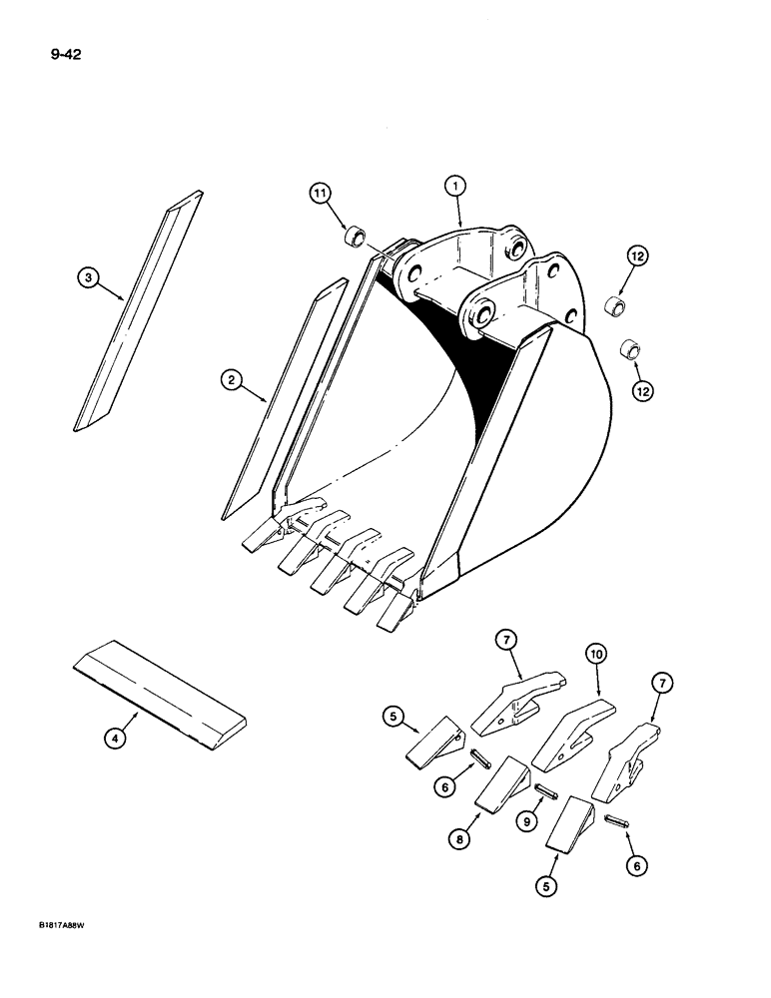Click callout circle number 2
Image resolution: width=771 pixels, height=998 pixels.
(232, 379)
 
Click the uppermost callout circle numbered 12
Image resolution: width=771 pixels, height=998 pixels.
(638, 256)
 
